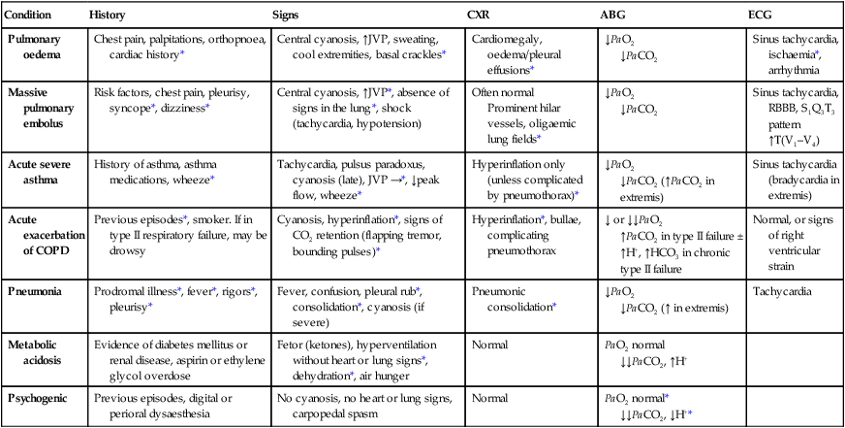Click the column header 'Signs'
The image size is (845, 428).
pos(291,15)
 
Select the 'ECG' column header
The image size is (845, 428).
pos(761,15)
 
